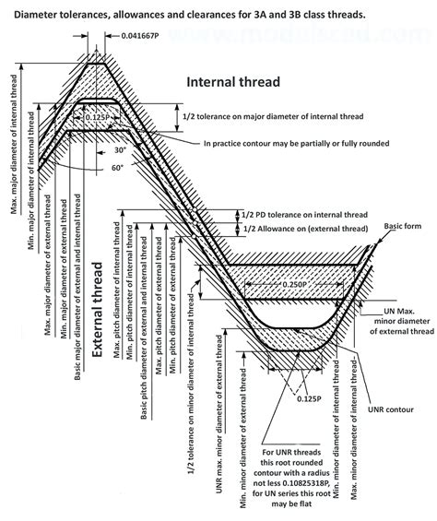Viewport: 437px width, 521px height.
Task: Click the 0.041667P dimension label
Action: coord(145,36)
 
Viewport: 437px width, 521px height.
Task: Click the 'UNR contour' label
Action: coord(387,407)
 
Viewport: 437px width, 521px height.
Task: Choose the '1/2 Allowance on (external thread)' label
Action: coord(319,228)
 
